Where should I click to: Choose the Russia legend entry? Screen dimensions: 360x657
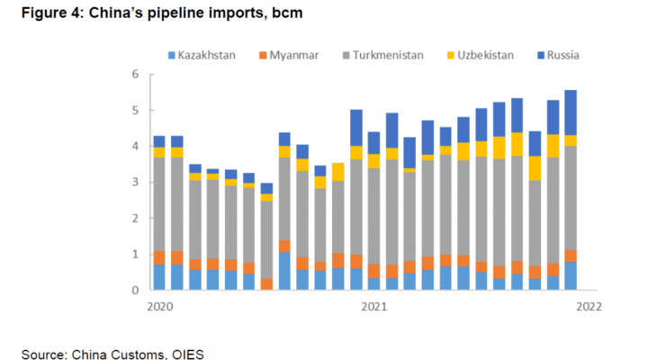tap(562, 55)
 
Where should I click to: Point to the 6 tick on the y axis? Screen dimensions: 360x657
tap(135, 75)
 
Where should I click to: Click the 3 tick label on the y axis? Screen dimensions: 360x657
tap(135, 183)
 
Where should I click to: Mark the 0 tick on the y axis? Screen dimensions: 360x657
tap(135, 291)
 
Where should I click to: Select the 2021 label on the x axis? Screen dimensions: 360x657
tap(373, 307)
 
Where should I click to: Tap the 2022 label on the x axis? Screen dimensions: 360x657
tap(589, 307)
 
